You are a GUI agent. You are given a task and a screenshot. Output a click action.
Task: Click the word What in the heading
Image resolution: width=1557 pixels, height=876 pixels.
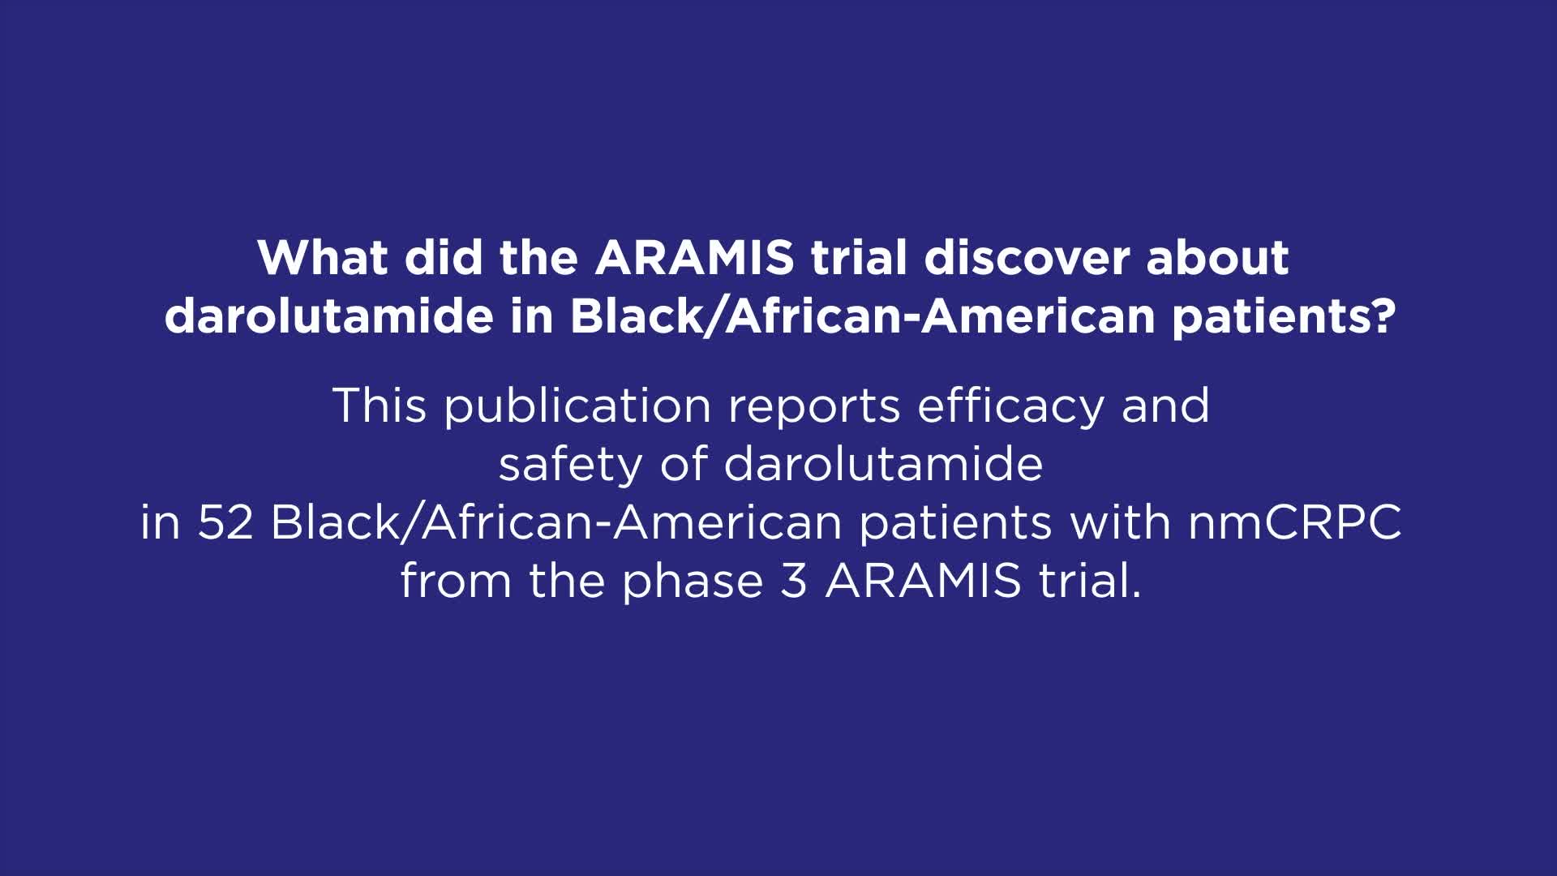point(323,258)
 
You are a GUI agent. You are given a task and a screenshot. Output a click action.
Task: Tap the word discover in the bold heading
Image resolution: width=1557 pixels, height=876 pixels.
point(1026,258)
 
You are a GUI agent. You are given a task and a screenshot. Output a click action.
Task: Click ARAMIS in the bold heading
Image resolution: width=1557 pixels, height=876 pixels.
point(694,258)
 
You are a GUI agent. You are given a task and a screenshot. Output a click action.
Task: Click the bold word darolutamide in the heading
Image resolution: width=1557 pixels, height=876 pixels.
point(328,316)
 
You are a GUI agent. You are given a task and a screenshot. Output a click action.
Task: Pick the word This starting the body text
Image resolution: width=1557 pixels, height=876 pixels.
point(379,405)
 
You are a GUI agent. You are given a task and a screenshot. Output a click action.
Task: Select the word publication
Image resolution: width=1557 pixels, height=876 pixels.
point(577,405)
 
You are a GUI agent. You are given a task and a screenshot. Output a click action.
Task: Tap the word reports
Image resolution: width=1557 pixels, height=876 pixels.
point(813,405)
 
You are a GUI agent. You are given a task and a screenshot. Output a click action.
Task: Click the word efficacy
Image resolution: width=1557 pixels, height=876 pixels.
point(1010,405)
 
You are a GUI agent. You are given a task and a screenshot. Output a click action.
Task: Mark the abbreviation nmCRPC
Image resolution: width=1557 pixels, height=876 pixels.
point(1294,522)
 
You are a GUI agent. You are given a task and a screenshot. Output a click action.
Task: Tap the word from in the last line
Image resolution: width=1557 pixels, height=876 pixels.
point(455,581)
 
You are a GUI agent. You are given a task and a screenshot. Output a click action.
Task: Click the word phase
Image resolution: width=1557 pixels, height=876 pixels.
point(693,581)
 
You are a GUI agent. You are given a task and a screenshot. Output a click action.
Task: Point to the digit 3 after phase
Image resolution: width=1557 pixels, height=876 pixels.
point(794,581)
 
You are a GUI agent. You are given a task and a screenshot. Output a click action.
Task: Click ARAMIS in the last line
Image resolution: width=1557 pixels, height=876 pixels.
point(923,581)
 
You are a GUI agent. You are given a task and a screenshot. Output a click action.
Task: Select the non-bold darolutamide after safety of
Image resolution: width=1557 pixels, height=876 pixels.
point(882,464)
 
